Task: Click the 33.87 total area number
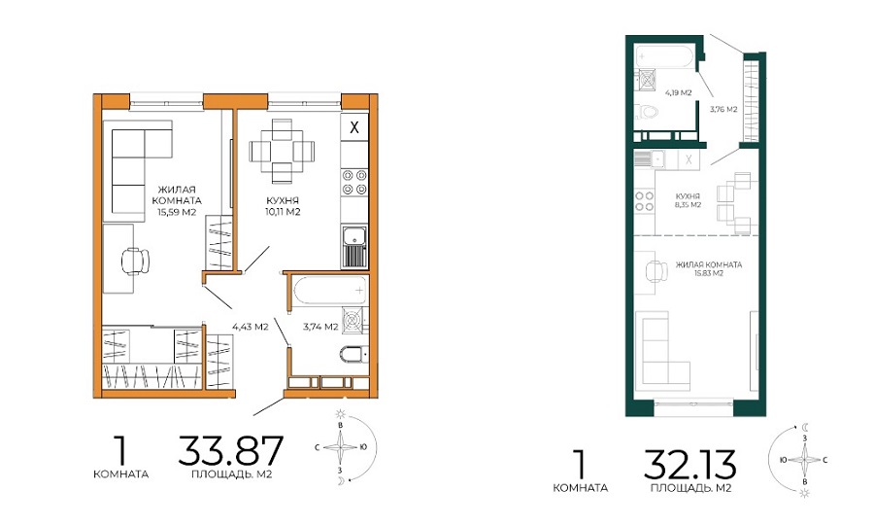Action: coord(231,451)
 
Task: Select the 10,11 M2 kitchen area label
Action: coord(284,211)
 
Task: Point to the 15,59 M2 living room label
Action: coord(177,211)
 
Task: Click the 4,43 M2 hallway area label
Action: coord(251,327)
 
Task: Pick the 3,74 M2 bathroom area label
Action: coord(320,327)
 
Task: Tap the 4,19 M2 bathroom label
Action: coord(679,92)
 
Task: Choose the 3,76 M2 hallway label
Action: coord(723,109)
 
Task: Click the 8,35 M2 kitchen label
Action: coord(688,205)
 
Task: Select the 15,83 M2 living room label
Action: coord(709,273)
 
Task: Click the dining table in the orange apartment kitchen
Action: coord(282,151)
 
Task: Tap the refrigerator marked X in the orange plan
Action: coord(353,127)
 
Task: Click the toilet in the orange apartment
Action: coord(353,354)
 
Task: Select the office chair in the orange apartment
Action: coord(135,260)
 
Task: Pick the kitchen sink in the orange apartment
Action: coord(353,245)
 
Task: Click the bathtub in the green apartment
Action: coord(665,57)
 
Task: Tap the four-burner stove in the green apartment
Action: coord(645,201)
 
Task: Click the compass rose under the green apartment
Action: coord(803,460)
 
